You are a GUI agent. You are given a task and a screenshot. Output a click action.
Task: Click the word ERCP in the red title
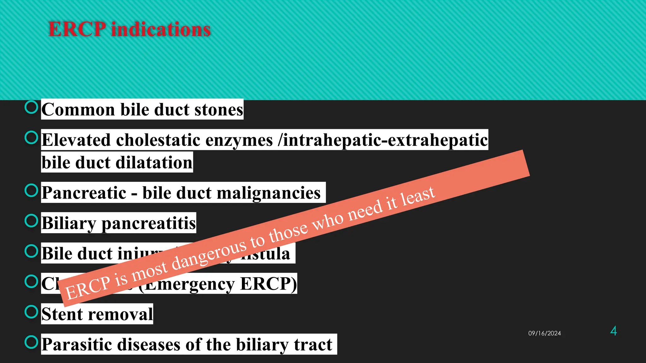coord(77,30)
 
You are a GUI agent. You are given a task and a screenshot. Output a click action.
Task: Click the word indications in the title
coord(161,30)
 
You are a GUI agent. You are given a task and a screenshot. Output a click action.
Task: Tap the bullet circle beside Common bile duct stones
coord(31,107)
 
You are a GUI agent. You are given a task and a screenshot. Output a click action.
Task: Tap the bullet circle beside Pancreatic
coord(31,190)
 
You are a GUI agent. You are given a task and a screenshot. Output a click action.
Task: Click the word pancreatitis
coord(149,223)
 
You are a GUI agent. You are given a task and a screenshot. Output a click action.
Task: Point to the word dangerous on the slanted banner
coord(208,255)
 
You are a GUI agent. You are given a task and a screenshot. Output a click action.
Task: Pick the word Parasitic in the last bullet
coord(79,344)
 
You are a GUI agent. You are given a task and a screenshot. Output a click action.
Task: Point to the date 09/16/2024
coord(544,333)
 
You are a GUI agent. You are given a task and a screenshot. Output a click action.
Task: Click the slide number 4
coord(614,331)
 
